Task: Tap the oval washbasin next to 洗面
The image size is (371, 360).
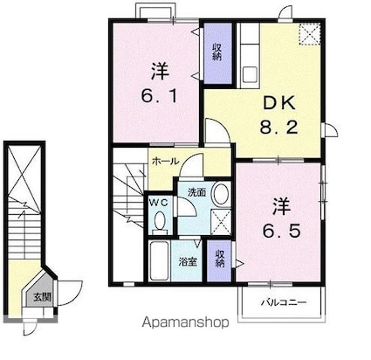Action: [x=221, y=193]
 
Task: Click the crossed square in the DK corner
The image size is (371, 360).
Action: [x=309, y=32]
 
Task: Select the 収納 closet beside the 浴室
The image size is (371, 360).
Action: [x=220, y=259]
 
